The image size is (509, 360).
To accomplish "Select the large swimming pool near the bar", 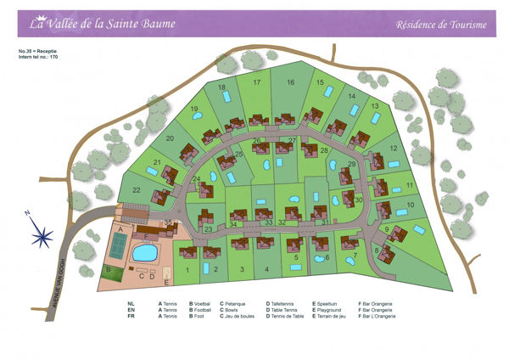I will [x=145, y=252].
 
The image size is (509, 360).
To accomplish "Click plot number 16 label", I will [x=289, y=82].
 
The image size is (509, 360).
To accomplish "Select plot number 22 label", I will [x=136, y=190].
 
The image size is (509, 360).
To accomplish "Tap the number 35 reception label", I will [x=168, y=222].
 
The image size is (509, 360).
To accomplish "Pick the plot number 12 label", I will [x=394, y=148].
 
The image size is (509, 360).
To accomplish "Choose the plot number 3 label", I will [x=242, y=269].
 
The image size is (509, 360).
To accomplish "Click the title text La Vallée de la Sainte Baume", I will [x=103, y=24].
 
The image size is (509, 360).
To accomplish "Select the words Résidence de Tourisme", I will [x=441, y=25].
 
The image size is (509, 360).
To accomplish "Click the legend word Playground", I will [x=330, y=310].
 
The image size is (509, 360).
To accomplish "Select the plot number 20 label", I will [x=170, y=138].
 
